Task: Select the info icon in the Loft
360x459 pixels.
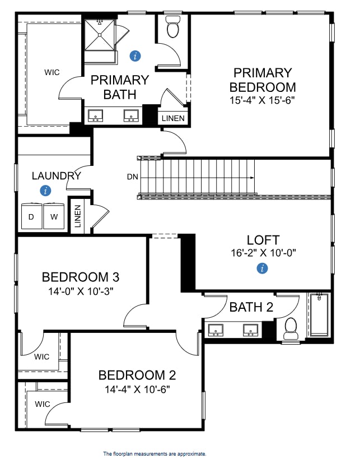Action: click(x=262, y=269)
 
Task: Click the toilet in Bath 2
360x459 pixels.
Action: click(x=291, y=329)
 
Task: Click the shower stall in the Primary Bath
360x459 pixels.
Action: click(x=100, y=34)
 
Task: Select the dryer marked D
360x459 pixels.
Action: click(x=31, y=216)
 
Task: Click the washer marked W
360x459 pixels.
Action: click(x=54, y=216)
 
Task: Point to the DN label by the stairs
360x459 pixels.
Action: click(x=132, y=177)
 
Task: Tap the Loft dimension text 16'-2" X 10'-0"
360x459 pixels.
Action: click(x=263, y=252)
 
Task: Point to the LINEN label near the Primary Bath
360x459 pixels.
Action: click(x=172, y=118)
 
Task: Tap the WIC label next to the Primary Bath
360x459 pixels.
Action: click(x=52, y=72)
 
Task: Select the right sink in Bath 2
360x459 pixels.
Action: click(x=250, y=330)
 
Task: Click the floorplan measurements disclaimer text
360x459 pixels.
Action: click(x=155, y=453)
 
